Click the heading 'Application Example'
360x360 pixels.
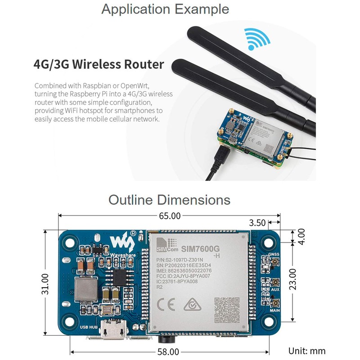point(165,9)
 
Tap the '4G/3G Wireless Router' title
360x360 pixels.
point(99,64)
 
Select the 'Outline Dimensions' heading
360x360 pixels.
point(169,199)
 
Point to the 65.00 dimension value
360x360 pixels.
point(169,216)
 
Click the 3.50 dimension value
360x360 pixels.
point(258,222)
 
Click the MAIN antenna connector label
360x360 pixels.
point(275,310)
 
